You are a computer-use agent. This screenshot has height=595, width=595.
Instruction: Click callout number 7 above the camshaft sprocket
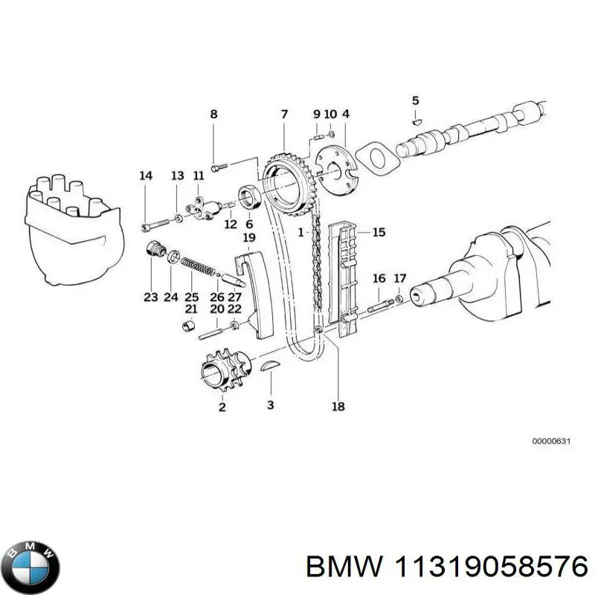click(x=284, y=115)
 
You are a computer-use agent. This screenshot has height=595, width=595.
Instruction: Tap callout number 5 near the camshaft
click(x=416, y=100)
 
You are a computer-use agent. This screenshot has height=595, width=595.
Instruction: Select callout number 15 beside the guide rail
click(x=379, y=233)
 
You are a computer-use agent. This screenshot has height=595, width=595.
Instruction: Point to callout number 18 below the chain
click(x=338, y=406)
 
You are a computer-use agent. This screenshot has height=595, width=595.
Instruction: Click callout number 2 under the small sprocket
click(x=222, y=407)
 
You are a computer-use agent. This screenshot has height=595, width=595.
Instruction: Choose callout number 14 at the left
click(x=146, y=176)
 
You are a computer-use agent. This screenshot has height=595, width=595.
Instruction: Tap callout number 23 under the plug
click(x=151, y=297)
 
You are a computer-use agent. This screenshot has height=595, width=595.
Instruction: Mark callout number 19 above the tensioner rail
click(x=249, y=238)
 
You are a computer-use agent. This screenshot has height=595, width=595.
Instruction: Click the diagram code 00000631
click(x=550, y=442)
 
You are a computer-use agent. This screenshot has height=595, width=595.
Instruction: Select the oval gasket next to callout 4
click(x=376, y=160)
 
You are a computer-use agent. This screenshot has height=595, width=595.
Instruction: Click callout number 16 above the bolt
click(x=379, y=279)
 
